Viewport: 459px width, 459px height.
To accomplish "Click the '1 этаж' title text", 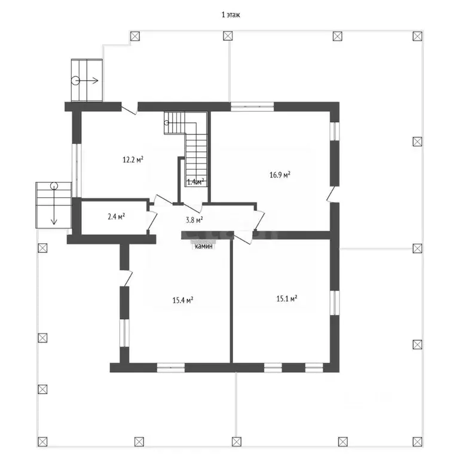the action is point(231,14).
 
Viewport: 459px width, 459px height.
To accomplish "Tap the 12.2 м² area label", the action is point(133,160).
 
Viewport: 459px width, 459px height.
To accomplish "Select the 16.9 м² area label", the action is point(280,175).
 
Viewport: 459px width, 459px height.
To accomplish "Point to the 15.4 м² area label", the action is point(183,300).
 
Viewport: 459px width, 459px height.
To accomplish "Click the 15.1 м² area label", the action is point(287,299).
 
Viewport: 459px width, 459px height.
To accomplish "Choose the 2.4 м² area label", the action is point(116,216).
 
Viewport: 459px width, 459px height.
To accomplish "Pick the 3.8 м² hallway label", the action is point(194,220).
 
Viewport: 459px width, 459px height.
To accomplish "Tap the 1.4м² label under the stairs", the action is point(195,182).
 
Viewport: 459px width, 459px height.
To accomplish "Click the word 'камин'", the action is point(204,246).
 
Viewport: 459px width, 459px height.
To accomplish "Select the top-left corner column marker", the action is point(135,36).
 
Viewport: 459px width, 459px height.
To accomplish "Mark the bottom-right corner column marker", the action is point(417,442).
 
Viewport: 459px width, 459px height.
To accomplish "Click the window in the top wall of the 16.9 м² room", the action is point(252,106).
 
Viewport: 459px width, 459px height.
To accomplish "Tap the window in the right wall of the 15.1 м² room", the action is point(335,302).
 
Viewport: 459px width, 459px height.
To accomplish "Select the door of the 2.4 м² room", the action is point(151,219).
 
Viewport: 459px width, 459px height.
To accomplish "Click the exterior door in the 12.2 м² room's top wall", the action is point(129,108).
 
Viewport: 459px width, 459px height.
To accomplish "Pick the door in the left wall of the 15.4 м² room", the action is point(126,278).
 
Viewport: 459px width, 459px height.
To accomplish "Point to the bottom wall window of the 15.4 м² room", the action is point(171,368).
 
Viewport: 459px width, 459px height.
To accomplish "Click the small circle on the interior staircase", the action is point(167,123).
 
